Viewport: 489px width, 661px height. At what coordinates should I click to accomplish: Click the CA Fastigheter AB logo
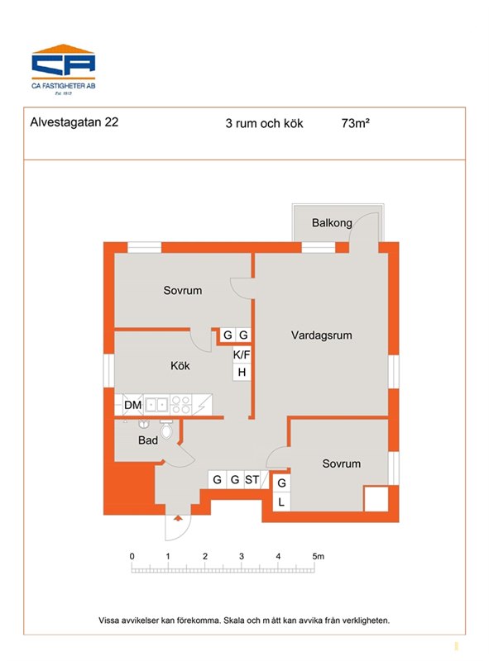(x=64, y=69)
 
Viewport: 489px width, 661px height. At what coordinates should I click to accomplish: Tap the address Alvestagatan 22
(x=74, y=122)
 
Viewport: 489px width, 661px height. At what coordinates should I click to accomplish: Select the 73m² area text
(x=356, y=123)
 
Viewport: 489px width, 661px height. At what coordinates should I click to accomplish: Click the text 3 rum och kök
(x=264, y=123)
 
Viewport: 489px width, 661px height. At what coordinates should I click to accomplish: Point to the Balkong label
(x=332, y=222)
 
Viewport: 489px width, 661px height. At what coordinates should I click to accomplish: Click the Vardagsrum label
(x=321, y=335)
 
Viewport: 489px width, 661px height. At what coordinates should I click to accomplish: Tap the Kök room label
(x=180, y=365)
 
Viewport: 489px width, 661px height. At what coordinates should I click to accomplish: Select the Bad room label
(x=148, y=440)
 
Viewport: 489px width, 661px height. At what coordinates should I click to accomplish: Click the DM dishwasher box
(x=133, y=405)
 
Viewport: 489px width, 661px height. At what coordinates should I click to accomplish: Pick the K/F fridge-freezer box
(x=242, y=354)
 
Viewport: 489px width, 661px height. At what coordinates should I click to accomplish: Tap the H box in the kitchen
(x=242, y=373)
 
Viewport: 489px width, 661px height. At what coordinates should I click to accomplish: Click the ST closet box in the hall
(x=252, y=480)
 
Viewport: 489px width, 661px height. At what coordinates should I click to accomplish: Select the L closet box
(x=281, y=502)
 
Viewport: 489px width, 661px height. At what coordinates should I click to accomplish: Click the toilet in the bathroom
(x=166, y=429)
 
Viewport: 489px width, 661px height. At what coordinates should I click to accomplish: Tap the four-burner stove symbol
(x=180, y=405)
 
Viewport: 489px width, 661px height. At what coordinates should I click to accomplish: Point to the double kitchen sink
(x=156, y=405)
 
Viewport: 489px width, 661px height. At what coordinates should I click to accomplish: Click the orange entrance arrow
(x=178, y=518)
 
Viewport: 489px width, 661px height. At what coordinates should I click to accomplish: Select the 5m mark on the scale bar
(x=319, y=556)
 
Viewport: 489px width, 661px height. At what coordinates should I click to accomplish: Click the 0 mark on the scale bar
(x=132, y=556)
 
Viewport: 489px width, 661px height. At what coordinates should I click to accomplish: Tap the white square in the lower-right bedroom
(x=376, y=500)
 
